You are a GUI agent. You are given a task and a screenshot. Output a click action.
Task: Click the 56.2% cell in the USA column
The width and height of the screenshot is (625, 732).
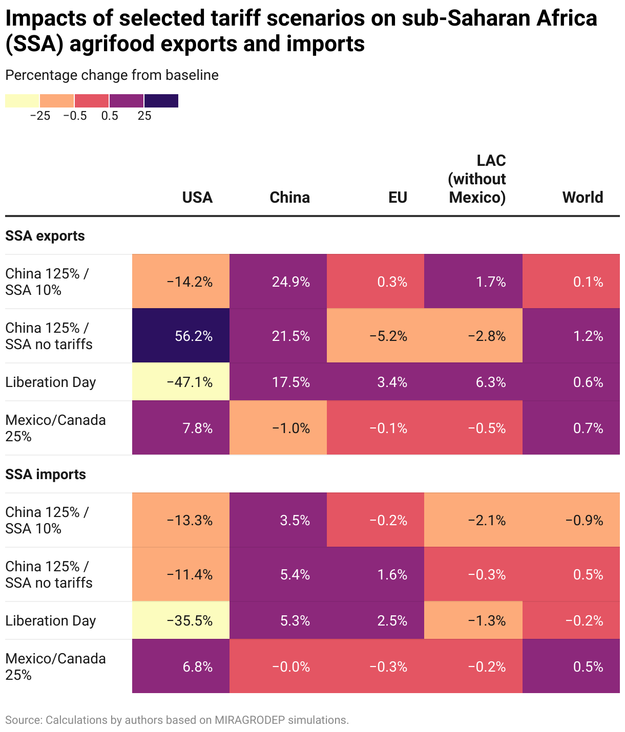point(181,336)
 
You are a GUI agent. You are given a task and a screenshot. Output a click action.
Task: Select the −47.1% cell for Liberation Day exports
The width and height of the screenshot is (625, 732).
point(181,382)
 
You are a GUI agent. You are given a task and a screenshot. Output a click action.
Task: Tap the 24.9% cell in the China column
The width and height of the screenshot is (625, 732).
point(278,282)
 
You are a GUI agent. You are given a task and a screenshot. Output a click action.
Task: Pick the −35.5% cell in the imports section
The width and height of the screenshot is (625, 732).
point(181,620)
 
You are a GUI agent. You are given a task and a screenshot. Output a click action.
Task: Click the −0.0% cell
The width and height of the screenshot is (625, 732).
point(278,666)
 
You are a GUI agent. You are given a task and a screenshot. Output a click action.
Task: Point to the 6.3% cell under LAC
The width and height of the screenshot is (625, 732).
point(473,382)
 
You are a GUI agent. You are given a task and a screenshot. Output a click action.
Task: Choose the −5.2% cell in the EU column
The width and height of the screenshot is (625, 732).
point(376,336)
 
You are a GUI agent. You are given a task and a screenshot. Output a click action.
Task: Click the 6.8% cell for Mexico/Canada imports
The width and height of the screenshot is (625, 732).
point(181,666)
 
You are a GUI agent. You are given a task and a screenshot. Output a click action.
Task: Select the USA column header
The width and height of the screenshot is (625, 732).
point(197,198)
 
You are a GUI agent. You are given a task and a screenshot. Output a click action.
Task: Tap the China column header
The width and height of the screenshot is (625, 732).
point(289,198)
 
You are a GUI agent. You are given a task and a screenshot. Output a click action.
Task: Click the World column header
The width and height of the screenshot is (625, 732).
point(582,198)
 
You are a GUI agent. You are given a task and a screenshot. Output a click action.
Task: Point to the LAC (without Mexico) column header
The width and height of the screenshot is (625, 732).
point(477,179)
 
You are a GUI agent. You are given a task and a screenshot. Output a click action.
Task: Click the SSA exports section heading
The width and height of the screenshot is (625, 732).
point(45,236)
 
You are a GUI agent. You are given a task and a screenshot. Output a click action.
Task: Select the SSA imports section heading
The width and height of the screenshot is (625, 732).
point(46,475)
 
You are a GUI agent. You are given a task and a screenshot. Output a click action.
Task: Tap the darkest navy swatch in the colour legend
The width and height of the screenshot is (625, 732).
point(161,101)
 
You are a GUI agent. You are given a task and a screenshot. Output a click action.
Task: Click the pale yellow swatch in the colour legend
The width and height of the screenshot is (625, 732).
point(22,101)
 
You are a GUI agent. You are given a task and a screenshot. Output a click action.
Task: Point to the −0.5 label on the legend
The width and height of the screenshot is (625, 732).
point(75,116)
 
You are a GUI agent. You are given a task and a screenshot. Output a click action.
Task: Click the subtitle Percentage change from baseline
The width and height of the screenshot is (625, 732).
point(112,75)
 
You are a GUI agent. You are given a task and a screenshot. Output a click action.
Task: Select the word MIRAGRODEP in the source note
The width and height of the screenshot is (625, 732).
point(249,720)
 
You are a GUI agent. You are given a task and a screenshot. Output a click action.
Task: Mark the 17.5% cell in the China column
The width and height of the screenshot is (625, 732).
point(278,382)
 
